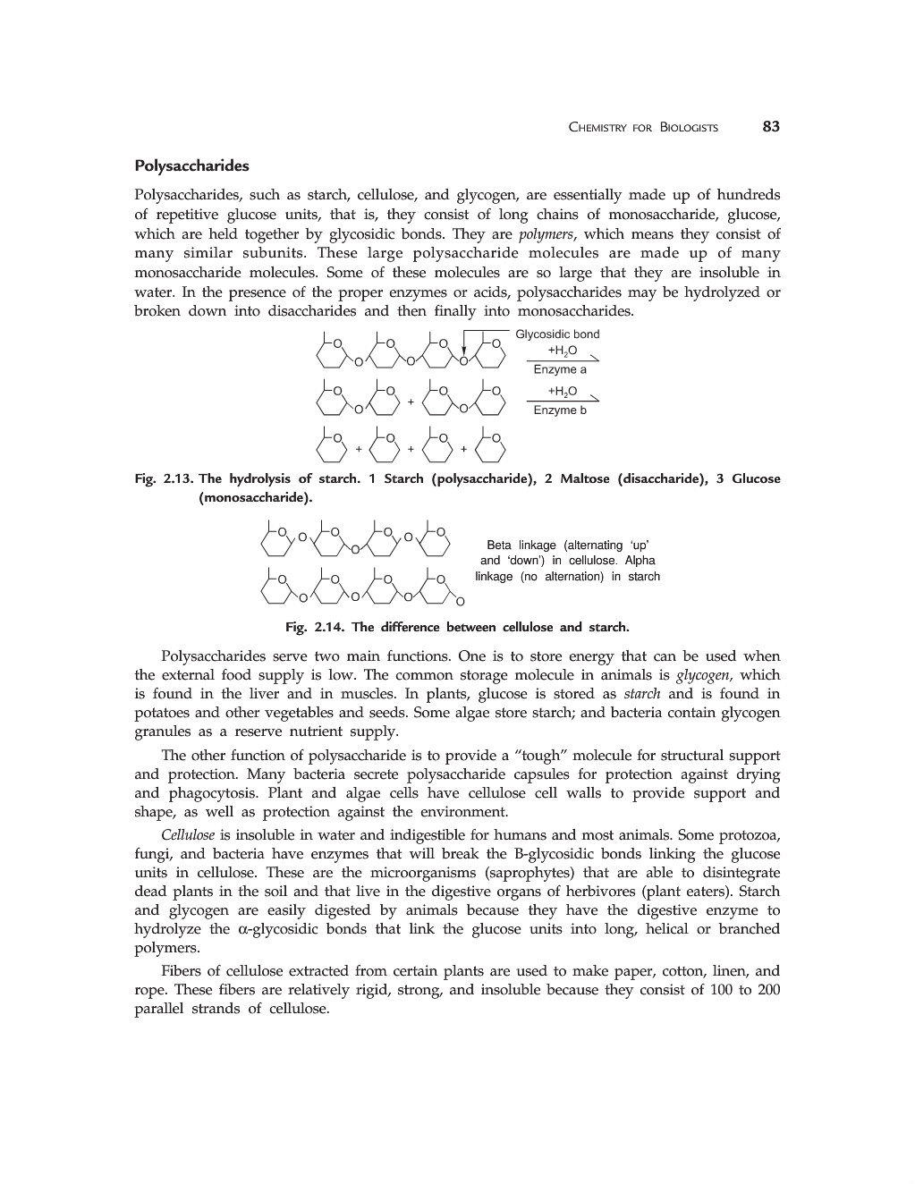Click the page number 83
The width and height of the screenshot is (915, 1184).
point(771,127)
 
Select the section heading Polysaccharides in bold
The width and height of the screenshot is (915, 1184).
point(191,166)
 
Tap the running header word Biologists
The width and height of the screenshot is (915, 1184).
point(689,128)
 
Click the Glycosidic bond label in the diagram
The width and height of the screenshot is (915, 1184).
point(557,334)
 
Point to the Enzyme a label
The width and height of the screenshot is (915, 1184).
point(560,369)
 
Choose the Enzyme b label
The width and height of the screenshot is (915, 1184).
point(560,410)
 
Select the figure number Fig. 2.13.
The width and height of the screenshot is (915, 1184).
point(164,479)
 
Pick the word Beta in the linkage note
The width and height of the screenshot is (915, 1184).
point(500,545)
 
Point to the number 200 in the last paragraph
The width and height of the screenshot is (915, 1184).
point(768,990)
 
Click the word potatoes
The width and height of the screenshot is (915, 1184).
point(162,713)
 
